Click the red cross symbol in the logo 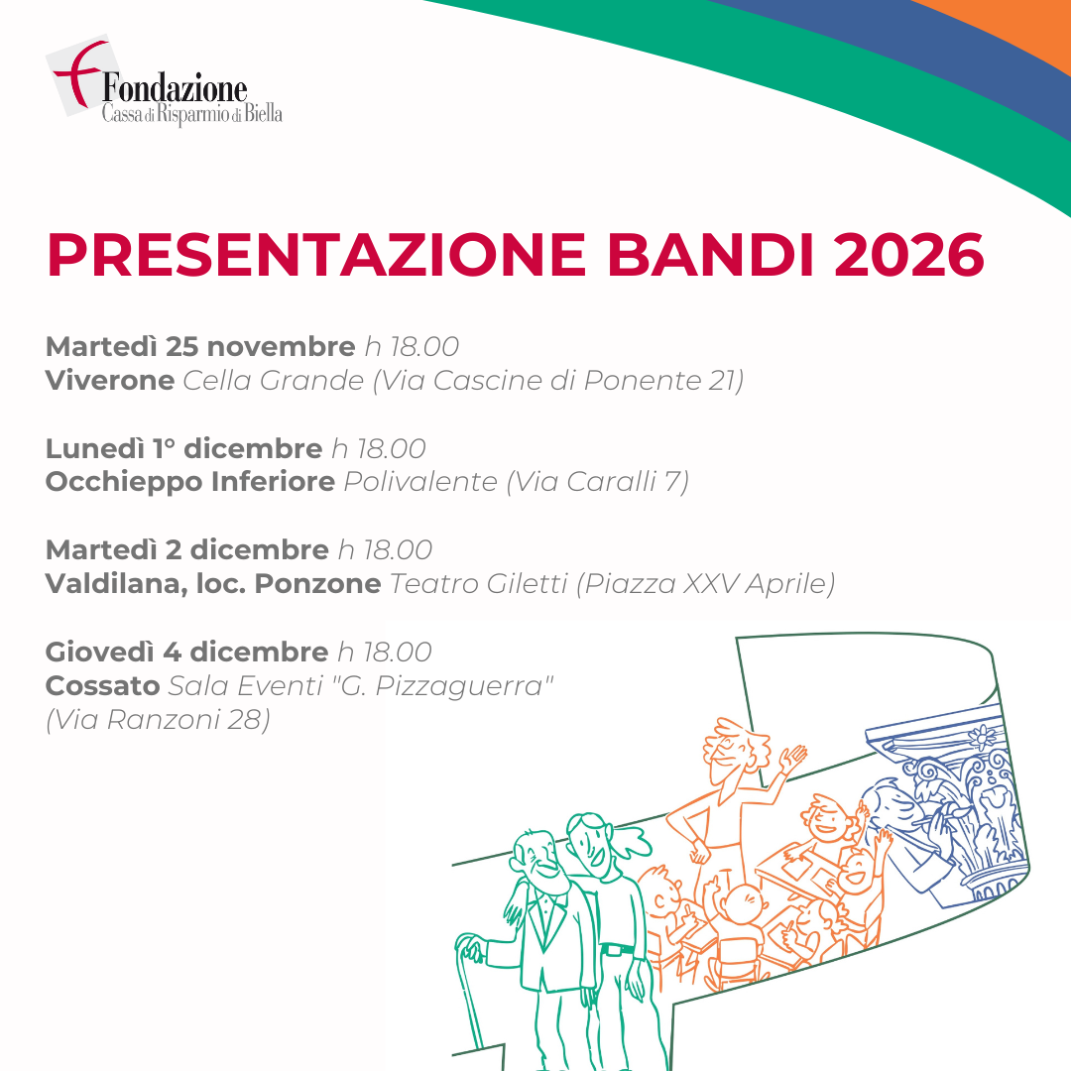coord(78,71)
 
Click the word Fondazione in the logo coord(175,89)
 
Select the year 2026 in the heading coord(909,255)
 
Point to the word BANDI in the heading coord(710,255)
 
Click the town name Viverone coord(110,380)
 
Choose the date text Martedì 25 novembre coord(200,346)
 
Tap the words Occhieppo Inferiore coord(189,482)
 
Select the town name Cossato coord(102,685)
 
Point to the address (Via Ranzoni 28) coord(158,719)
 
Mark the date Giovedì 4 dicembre coord(186,652)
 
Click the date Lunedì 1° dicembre coord(183,449)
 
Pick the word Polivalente coord(420,482)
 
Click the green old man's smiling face coord(540,861)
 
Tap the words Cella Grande coord(274,380)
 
